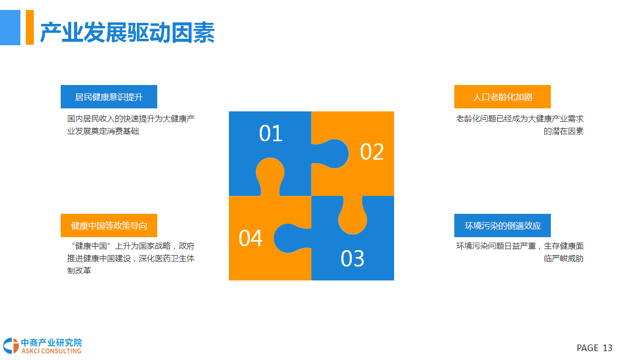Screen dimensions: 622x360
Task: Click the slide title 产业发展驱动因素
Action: [127, 32]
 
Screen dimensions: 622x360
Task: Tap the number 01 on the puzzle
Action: [271, 133]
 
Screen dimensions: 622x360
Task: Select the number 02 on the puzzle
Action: [372, 152]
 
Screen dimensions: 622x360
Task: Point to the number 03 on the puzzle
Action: [352, 259]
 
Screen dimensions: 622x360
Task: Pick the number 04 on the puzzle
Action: [250, 238]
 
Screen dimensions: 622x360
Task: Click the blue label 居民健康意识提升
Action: [109, 96]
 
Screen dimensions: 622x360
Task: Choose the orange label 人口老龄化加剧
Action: [502, 96]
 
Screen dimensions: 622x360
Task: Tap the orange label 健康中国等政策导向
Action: [109, 225]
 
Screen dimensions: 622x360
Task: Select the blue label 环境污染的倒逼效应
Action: [502, 225]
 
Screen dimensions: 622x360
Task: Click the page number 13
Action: [608, 348]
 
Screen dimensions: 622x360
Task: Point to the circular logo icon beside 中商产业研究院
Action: [11, 346]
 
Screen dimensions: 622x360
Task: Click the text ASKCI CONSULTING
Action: [51, 351]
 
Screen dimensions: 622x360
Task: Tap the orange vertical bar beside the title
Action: [30, 27]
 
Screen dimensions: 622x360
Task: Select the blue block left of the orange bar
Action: [10, 27]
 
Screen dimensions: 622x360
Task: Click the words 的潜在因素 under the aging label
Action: [563, 131]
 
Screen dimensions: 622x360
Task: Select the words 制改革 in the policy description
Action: [79, 270]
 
